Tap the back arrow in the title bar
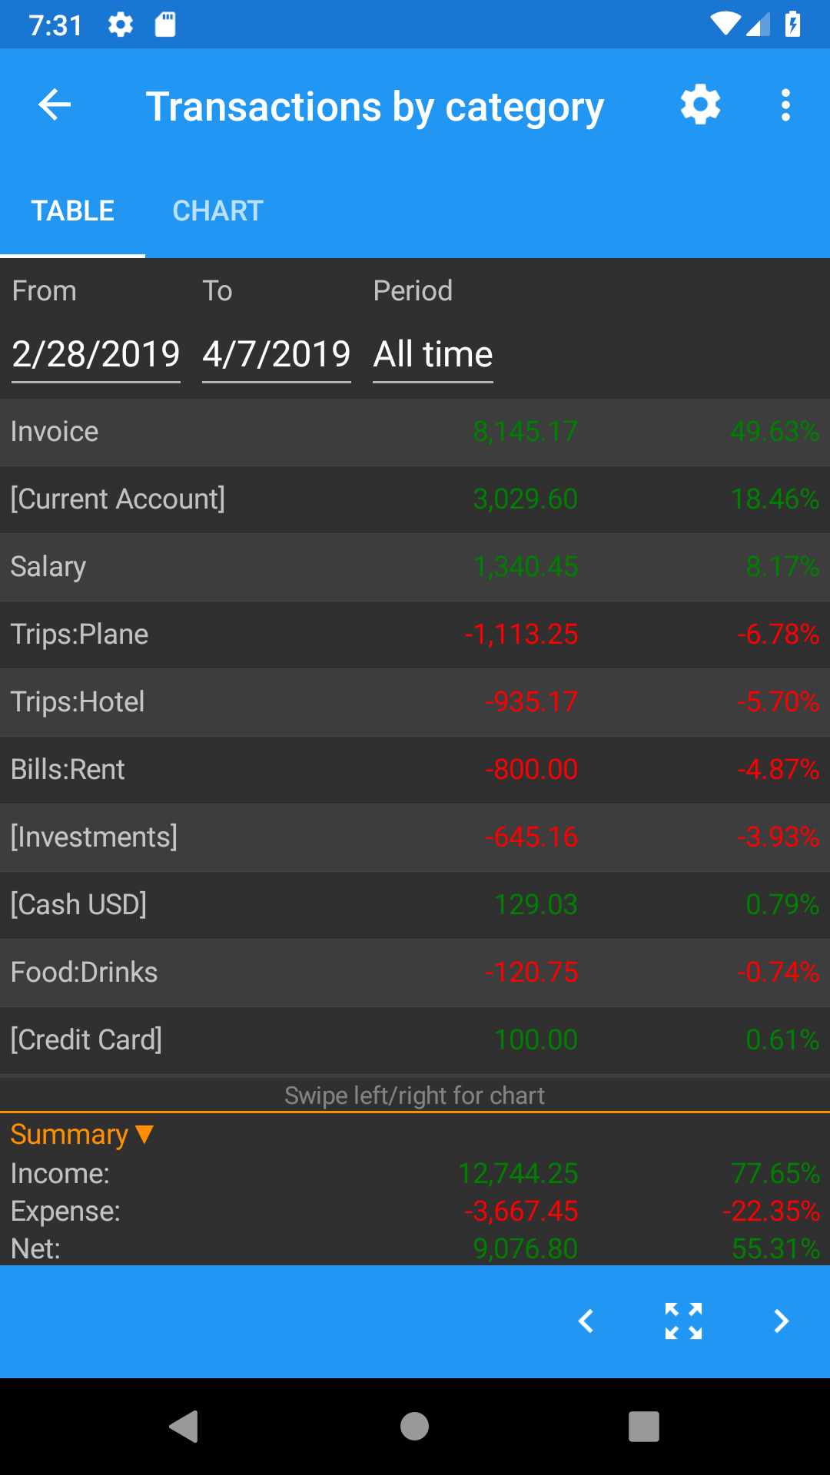pyautogui.click(x=55, y=104)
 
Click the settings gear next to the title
pyautogui.click(x=700, y=104)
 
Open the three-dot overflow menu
pyautogui.click(x=785, y=104)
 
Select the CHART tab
pyautogui.click(x=218, y=210)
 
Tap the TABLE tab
pyautogui.click(x=73, y=210)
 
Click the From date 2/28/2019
pyautogui.click(x=96, y=354)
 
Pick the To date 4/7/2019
pyautogui.click(x=277, y=354)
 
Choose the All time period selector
pyautogui.click(x=433, y=354)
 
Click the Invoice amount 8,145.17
pyautogui.click(x=526, y=432)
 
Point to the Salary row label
pyautogui.click(x=48, y=567)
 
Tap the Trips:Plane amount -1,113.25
pyautogui.click(x=521, y=635)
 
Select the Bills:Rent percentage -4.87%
pyautogui.click(x=779, y=770)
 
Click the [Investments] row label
pyautogui.click(x=94, y=837)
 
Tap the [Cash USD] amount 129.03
pyautogui.click(x=536, y=905)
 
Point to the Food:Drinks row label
pyautogui.click(x=85, y=973)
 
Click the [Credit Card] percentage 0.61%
pyautogui.click(x=782, y=1040)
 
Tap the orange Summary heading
pyautogui.click(x=82, y=1135)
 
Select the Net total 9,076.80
pyautogui.click(x=526, y=1249)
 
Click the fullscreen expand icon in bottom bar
pyautogui.click(x=683, y=1321)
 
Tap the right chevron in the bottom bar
pyautogui.click(x=782, y=1321)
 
